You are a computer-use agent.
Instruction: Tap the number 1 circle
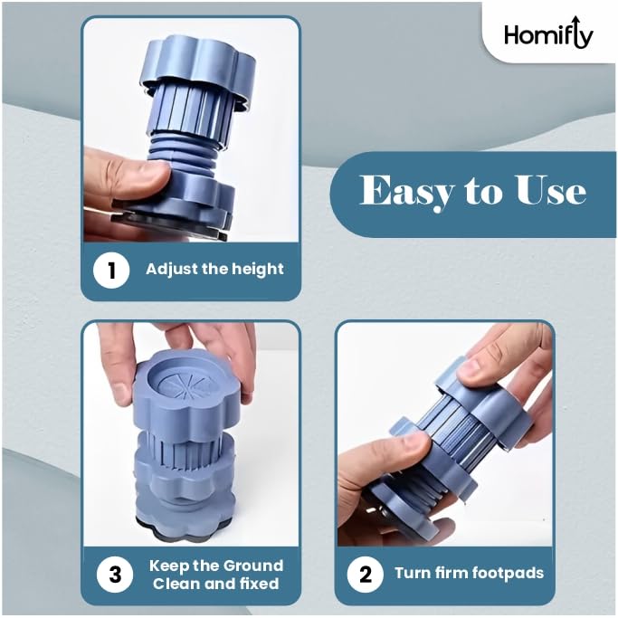point(111,271)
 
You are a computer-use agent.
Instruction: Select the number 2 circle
point(366,575)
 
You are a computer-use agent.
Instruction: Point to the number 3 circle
point(115,575)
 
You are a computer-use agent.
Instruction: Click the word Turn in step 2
point(411,573)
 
